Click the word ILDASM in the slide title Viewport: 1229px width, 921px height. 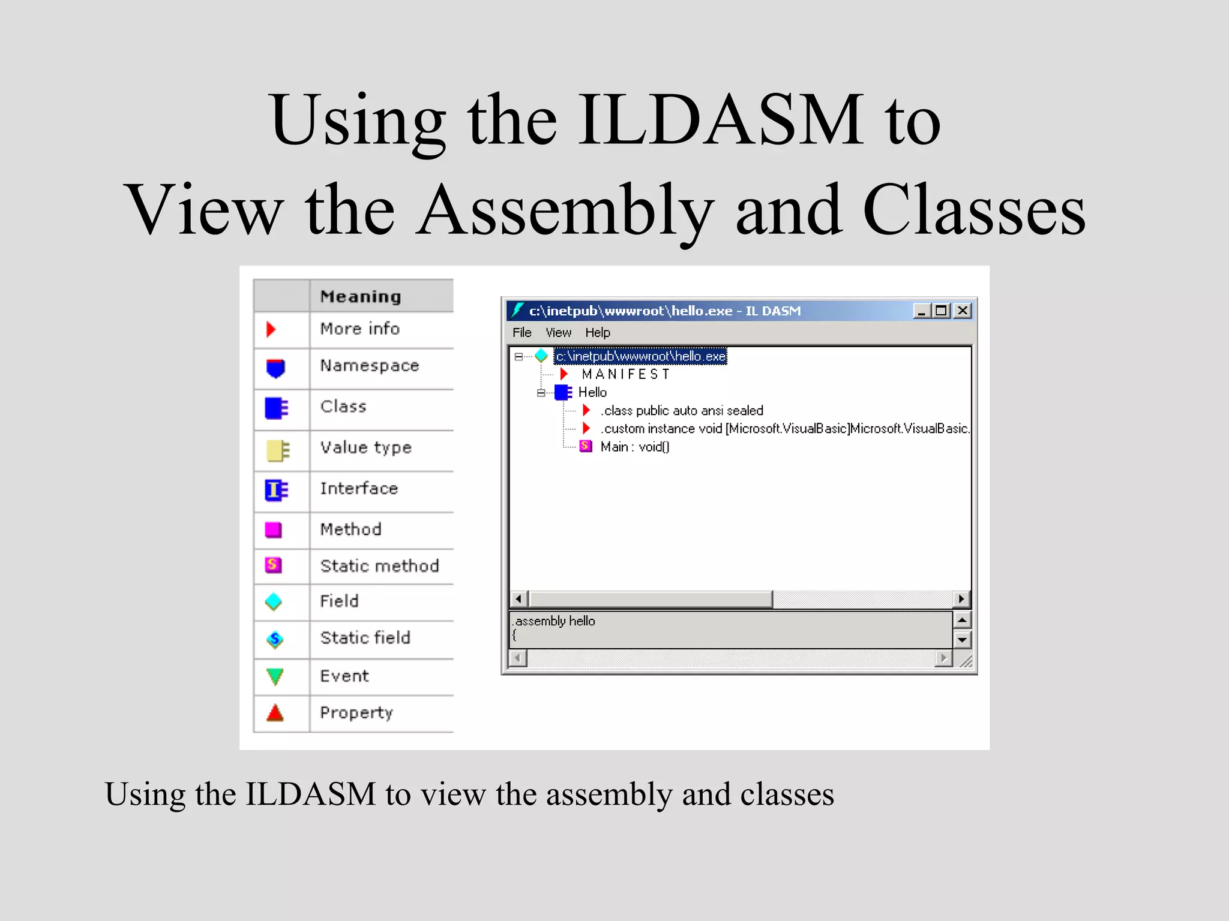720,120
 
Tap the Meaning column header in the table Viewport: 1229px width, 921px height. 361,296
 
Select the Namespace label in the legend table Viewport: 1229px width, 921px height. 369,366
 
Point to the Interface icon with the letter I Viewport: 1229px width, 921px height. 276,490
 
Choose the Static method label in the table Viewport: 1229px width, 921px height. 379,566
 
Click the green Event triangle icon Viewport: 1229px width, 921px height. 275,676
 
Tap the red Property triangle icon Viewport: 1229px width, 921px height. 275,713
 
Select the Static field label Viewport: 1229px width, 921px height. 365,638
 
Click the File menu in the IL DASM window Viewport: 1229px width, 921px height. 521,333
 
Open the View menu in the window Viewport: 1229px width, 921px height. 558,333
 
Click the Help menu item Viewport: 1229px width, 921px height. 598,333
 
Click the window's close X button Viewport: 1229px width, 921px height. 963,311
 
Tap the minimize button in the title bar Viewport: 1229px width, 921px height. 921,311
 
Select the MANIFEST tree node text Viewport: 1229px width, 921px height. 625,375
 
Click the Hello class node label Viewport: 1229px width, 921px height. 592,393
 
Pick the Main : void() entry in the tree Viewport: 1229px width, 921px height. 634,447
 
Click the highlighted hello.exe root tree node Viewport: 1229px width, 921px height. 640,356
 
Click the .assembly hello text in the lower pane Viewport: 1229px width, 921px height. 555,621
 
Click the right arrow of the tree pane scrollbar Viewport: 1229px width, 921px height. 961,599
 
